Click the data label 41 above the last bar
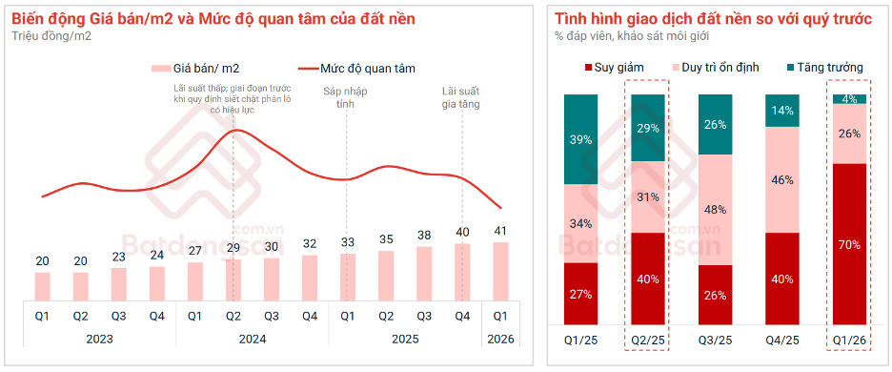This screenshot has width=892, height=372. pyautogui.click(x=500, y=231)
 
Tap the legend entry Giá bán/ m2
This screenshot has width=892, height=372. pyautogui.click(x=196, y=69)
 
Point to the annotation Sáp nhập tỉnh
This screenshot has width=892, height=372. pyautogui.click(x=345, y=97)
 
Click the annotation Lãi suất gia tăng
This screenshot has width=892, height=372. pyautogui.click(x=462, y=97)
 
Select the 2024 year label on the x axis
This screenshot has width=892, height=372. pyautogui.click(x=252, y=339)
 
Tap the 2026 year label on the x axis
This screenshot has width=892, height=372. pyautogui.click(x=500, y=339)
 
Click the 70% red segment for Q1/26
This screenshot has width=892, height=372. pyautogui.click(x=850, y=244)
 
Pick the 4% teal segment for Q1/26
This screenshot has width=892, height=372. pyautogui.click(x=850, y=99)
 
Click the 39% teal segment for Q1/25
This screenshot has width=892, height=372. pyautogui.click(x=580, y=139)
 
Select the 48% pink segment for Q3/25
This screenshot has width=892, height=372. pyautogui.click(x=716, y=209)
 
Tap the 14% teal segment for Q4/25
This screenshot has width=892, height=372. pyautogui.click(x=782, y=111)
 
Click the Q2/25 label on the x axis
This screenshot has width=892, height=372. pyautogui.click(x=648, y=340)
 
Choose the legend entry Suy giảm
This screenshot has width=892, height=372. pyautogui.click(x=613, y=68)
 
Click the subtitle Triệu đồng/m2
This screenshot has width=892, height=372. pyautogui.click(x=51, y=36)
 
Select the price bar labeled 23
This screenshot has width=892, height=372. pyautogui.click(x=119, y=284)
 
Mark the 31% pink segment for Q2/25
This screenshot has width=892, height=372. pyautogui.click(x=648, y=197)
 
